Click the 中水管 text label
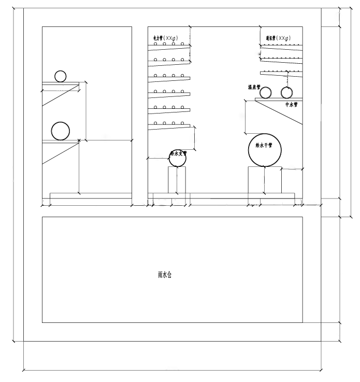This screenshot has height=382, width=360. click(292, 105)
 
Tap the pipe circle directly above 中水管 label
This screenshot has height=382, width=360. click(287, 93)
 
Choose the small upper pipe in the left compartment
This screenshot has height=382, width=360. click(61, 76)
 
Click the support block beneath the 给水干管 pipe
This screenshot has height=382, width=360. click(265, 180)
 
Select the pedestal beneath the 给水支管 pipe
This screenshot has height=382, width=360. click(177, 180)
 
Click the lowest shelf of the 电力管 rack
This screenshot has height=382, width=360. click(169, 125)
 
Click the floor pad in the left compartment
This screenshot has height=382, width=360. click(91, 195)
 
